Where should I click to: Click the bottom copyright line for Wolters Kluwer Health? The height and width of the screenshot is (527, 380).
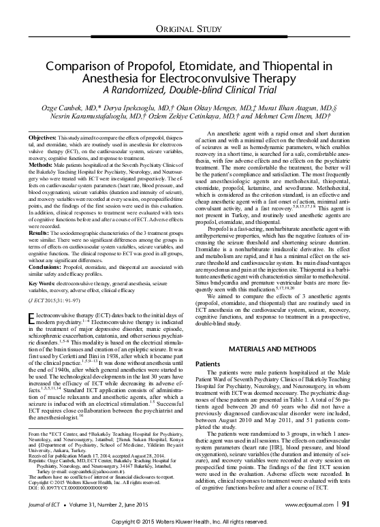pos(189,520)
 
